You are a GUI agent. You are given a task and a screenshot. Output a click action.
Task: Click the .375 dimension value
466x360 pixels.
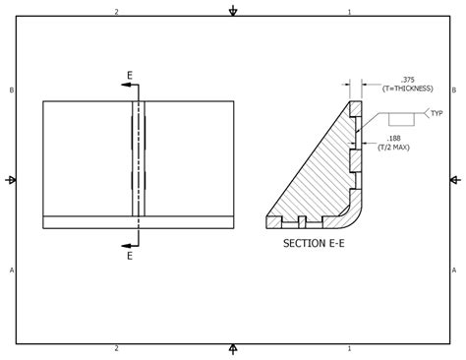[x=406, y=80]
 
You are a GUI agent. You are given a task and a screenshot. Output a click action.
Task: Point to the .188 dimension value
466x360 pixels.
[x=393, y=139]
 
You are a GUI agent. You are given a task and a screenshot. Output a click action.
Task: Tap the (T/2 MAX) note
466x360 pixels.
[x=393, y=148]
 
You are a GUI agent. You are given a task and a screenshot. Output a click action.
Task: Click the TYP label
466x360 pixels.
[x=437, y=113]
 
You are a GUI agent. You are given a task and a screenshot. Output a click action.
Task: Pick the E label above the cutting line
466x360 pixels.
[x=130, y=75]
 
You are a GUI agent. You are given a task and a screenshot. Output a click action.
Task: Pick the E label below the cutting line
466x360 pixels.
[x=130, y=256]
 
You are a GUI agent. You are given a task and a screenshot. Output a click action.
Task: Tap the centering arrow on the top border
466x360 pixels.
[x=233, y=11]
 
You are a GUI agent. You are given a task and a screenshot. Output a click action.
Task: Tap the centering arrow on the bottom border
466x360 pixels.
[x=233, y=349]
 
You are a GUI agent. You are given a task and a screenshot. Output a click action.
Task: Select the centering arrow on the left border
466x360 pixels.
[x=11, y=180]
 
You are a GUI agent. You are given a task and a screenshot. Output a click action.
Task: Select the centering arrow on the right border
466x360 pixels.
[x=455, y=180]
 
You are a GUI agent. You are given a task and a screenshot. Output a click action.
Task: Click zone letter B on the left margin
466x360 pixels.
[x=12, y=90]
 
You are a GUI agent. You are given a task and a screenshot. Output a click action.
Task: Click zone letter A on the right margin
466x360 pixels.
[x=454, y=270]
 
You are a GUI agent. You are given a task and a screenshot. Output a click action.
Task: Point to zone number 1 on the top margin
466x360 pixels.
[x=349, y=12]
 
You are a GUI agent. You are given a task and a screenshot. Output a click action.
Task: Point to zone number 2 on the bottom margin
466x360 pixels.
[x=116, y=348]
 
